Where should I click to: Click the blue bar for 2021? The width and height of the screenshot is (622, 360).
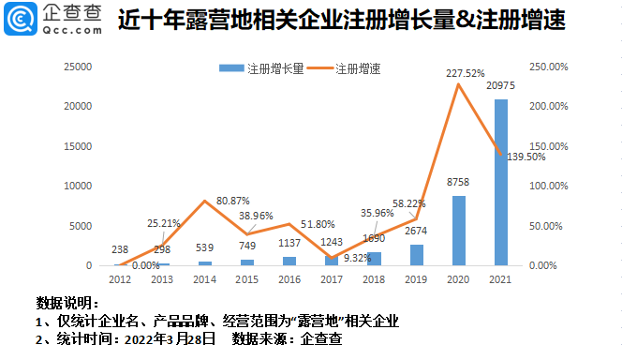click(501, 183)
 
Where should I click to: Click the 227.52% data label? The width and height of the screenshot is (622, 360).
click(459, 72)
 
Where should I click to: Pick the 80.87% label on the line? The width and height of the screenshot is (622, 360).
click(233, 201)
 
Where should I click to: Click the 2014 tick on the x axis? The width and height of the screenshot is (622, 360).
click(204, 278)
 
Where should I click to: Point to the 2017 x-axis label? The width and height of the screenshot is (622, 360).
click(331, 278)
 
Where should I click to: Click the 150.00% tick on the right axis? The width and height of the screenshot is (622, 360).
click(547, 146)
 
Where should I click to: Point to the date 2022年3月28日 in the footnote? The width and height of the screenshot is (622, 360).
click(170, 337)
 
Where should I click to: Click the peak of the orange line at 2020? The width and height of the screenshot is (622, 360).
click(458, 84)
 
